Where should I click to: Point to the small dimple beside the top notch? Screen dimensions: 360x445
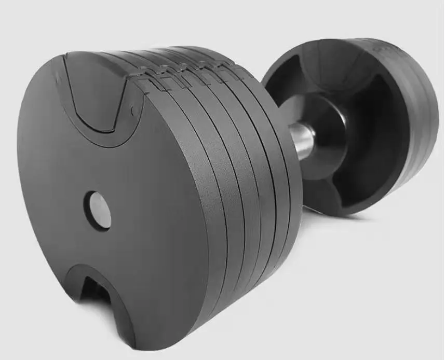coord(133,110)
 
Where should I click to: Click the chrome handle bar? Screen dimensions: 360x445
coord(304,140)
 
